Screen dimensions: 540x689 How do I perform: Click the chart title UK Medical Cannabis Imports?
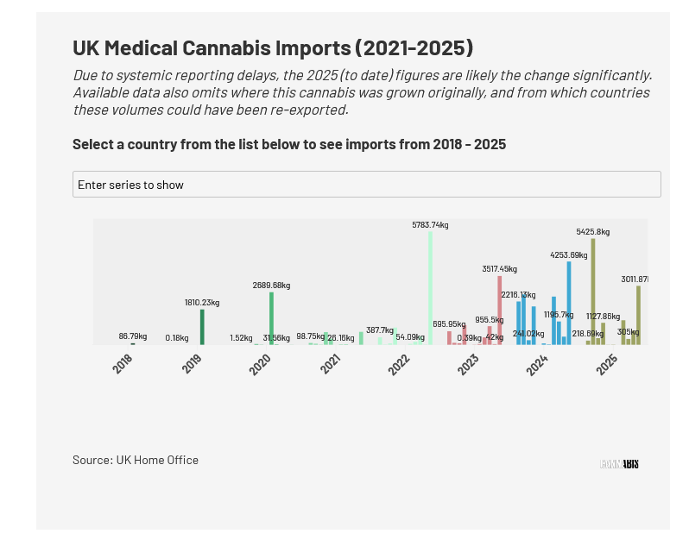(x=273, y=47)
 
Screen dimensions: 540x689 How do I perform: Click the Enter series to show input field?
(x=366, y=185)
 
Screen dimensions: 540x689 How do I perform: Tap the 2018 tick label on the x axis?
(x=123, y=365)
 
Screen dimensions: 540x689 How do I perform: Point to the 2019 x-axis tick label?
(x=193, y=365)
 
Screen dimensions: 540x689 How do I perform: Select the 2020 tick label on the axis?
(x=261, y=365)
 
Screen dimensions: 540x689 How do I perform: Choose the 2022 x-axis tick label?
(x=399, y=365)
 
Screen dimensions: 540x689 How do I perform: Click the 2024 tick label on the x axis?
(x=538, y=365)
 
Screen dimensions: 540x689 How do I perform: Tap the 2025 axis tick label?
(x=607, y=365)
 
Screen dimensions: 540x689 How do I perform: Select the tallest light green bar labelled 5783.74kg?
(x=430, y=288)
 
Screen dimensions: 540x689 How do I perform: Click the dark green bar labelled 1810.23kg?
(x=202, y=327)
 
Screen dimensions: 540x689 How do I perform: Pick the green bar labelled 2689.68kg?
(x=271, y=318)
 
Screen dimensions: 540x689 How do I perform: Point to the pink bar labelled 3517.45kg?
(x=499, y=310)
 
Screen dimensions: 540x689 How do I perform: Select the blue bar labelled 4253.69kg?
(x=569, y=303)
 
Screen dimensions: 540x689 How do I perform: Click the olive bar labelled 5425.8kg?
(x=593, y=292)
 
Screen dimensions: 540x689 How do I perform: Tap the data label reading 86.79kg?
(x=133, y=336)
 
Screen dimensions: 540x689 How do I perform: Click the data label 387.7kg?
(x=380, y=330)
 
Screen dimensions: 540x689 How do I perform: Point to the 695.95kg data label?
(x=451, y=324)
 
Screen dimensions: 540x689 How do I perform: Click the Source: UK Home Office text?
(x=136, y=460)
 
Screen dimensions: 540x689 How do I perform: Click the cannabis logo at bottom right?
(x=619, y=464)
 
